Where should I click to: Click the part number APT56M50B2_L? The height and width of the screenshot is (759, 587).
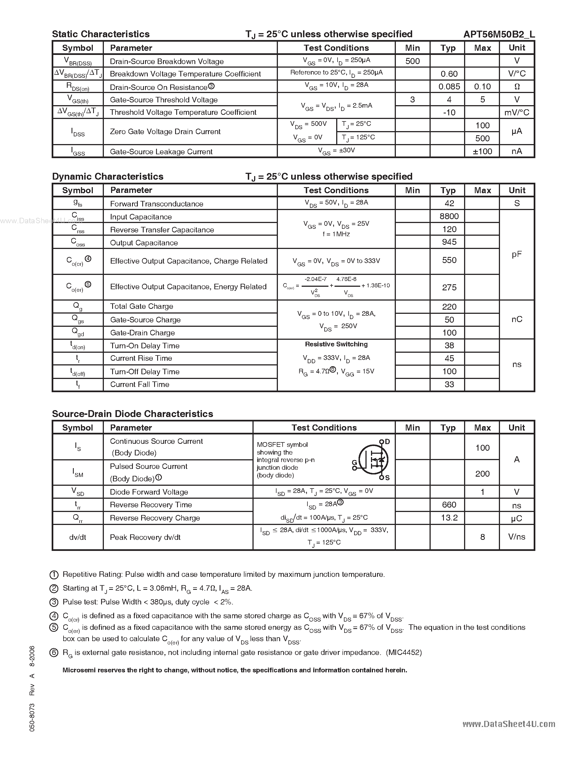click(x=499, y=34)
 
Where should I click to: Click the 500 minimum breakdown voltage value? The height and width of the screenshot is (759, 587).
click(x=412, y=61)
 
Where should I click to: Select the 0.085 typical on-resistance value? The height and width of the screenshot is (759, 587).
click(x=449, y=87)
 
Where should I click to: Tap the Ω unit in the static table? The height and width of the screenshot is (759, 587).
click(x=517, y=87)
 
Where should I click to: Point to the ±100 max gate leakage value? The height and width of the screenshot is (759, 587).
click(x=482, y=152)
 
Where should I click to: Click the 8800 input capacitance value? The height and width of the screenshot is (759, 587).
click(x=449, y=216)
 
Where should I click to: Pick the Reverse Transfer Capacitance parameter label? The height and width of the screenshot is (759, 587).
click(x=162, y=230)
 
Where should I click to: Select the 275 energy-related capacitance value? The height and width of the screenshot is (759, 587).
click(x=449, y=287)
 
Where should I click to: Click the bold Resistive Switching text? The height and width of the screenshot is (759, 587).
click(x=336, y=344)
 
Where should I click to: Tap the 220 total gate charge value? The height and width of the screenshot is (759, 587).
click(x=449, y=307)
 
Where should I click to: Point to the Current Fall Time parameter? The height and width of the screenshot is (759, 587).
click(x=140, y=384)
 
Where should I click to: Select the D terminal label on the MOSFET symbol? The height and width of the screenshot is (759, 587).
click(x=387, y=442)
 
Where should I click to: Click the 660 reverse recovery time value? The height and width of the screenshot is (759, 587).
click(x=449, y=505)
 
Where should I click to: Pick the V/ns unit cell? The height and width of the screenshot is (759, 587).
click(x=517, y=537)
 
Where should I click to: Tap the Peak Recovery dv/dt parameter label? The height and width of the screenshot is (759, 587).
click(x=145, y=537)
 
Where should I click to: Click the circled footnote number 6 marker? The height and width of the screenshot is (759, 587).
click(x=54, y=653)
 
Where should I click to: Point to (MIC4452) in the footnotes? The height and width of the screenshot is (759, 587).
click(x=404, y=652)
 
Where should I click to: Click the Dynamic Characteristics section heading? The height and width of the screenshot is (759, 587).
click(x=108, y=177)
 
